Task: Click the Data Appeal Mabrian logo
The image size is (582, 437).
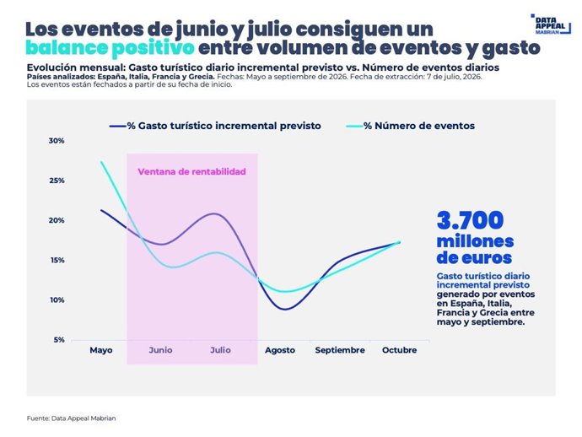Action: coord(551,24)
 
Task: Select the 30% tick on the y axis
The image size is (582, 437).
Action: coord(57,141)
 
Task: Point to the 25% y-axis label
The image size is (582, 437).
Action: coord(57,181)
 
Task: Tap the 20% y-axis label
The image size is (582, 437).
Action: coord(57,220)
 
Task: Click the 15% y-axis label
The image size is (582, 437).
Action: coord(57,260)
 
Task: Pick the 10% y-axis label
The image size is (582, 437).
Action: coord(57,299)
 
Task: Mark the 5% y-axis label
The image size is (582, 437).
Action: coord(59,340)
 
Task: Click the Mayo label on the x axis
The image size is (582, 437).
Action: coord(101,350)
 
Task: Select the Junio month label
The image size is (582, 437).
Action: coord(160,350)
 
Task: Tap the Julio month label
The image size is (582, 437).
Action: coord(220,350)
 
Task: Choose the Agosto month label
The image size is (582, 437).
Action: coord(280,350)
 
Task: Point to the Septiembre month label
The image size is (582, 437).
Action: coord(340,350)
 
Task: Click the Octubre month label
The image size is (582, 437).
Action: coord(399,350)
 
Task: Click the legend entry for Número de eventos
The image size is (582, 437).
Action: coord(411,126)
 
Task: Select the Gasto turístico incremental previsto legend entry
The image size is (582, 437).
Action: coord(215,126)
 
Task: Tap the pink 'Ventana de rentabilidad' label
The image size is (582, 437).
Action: coord(192,171)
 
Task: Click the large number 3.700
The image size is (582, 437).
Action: coord(471,220)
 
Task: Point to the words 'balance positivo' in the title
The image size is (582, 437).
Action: coord(110,48)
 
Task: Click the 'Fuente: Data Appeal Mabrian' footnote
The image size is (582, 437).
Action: coord(71,418)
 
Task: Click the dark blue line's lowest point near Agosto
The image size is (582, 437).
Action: coord(286,309)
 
